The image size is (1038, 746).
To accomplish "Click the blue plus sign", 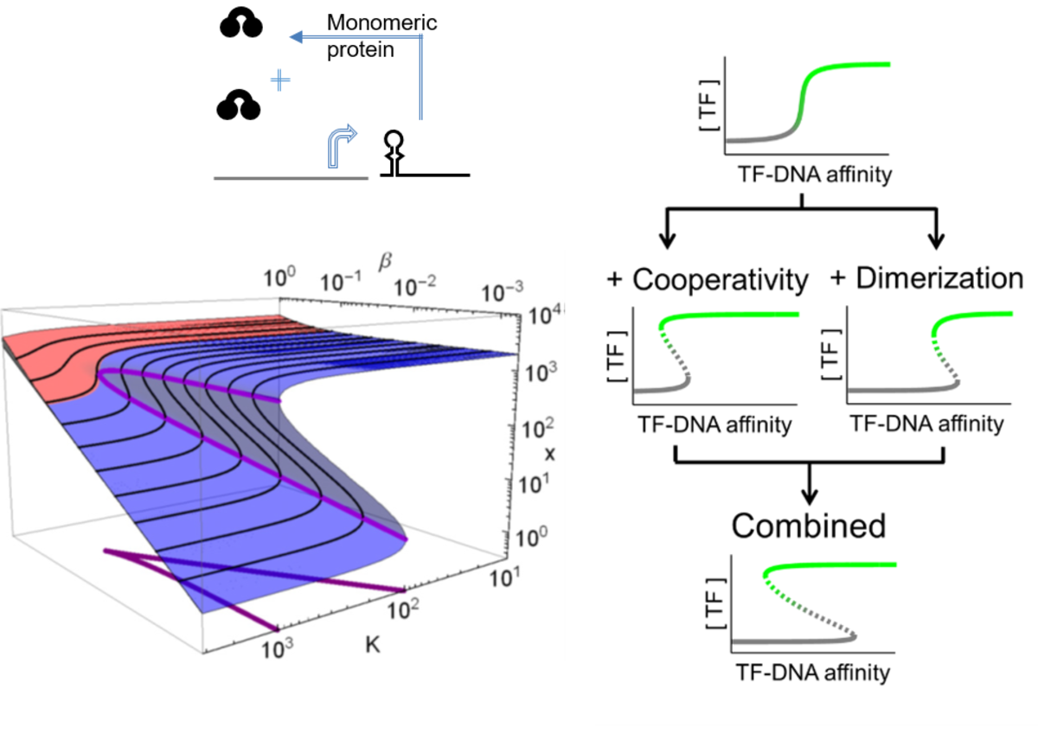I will pos(279,82).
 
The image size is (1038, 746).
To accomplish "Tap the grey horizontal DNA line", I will pos(291,178).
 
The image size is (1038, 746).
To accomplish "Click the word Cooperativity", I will pos(721,279).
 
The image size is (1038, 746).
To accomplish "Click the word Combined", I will pos(809,525).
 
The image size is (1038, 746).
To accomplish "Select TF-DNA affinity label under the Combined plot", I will pos(811,672).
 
